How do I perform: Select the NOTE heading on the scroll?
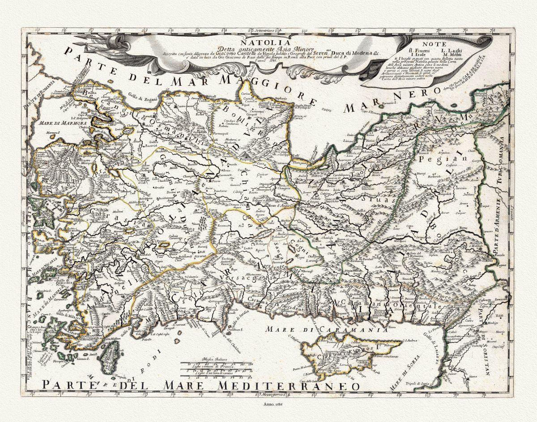click(432, 45)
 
